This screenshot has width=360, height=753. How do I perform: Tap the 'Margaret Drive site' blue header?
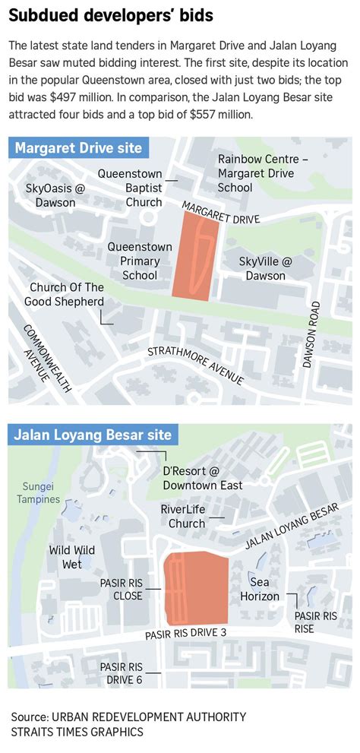(x=78, y=147)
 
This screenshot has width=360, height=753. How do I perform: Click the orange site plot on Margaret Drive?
(x=194, y=255)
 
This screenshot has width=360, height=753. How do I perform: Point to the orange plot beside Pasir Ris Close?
(x=197, y=587)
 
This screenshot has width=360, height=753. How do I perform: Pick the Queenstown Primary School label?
(x=134, y=261)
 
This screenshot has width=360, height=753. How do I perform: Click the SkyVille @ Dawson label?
(x=265, y=268)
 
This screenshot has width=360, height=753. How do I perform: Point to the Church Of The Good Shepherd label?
(x=67, y=294)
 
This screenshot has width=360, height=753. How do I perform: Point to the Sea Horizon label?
(x=260, y=589)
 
